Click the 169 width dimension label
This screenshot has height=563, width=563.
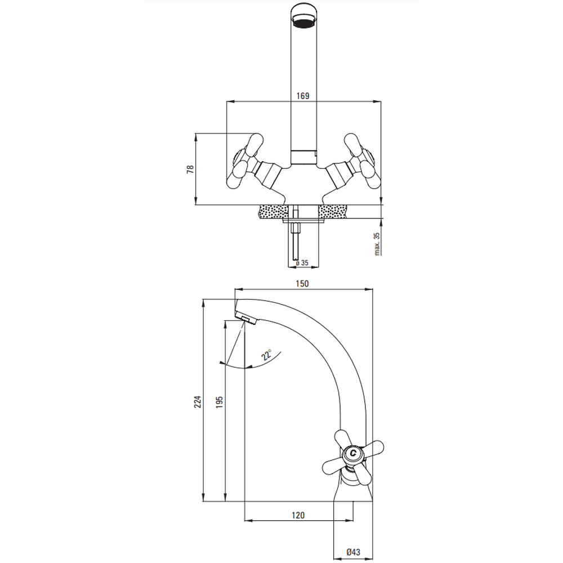[x=303, y=96]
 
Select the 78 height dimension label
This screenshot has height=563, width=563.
[x=190, y=169]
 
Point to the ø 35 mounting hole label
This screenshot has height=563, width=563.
[x=302, y=263]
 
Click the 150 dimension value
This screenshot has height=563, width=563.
[x=302, y=284]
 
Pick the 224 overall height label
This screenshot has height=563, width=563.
[x=198, y=401]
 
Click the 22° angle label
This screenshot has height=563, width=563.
[x=266, y=355]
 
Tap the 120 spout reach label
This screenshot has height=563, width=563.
[x=298, y=515]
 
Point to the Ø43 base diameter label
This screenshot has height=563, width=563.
[x=354, y=552]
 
